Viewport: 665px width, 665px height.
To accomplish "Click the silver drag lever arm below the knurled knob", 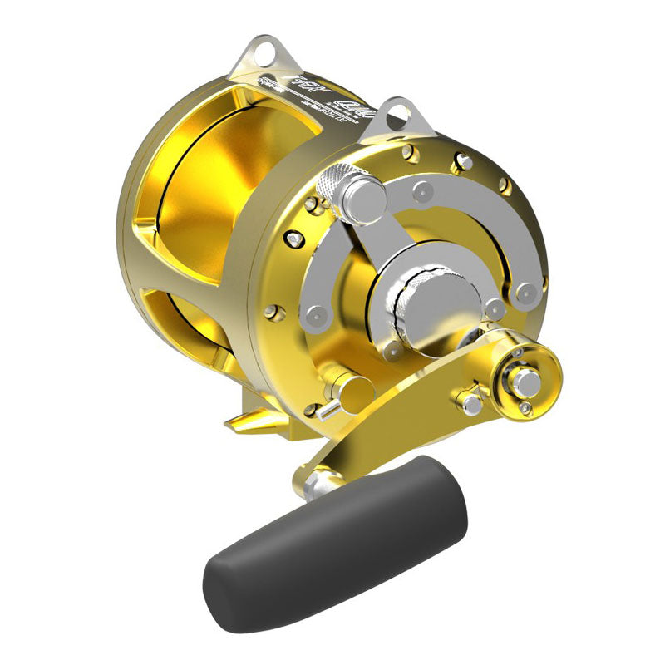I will point(382,241).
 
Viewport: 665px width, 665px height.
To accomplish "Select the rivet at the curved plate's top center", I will point(423,191).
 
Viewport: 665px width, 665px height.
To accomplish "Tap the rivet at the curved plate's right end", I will point(525,293).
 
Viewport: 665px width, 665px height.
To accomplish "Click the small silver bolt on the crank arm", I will point(472,404).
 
